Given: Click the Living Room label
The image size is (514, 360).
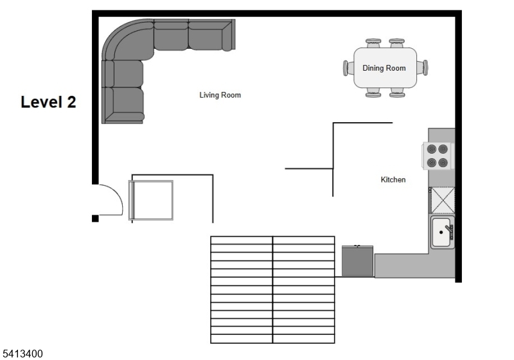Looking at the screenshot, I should click(220, 95).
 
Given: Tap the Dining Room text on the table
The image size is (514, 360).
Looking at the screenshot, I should click(384, 68).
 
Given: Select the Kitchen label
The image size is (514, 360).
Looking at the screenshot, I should click(393, 180).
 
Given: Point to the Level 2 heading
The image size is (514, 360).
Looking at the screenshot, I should click(48, 102).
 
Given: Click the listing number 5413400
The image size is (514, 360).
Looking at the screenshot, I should click(23, 353).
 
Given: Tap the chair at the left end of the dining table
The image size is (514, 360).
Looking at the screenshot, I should click(348, 67).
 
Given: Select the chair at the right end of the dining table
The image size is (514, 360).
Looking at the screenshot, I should click(422, 67).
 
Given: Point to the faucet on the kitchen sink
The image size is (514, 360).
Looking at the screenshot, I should click(448, 228).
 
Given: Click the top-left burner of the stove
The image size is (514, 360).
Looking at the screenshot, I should click(432, 148).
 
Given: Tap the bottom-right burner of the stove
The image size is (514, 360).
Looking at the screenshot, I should click(443, 163).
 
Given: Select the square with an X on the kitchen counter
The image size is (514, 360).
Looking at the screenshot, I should click(442, 200).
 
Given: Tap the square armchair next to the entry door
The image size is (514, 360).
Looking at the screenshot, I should click(152, 201).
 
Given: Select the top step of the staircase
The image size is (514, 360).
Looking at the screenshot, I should click(272, 240).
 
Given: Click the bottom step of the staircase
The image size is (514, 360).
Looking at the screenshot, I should click(272, 339).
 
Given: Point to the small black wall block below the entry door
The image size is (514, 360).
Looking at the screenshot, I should click(95, 219).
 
